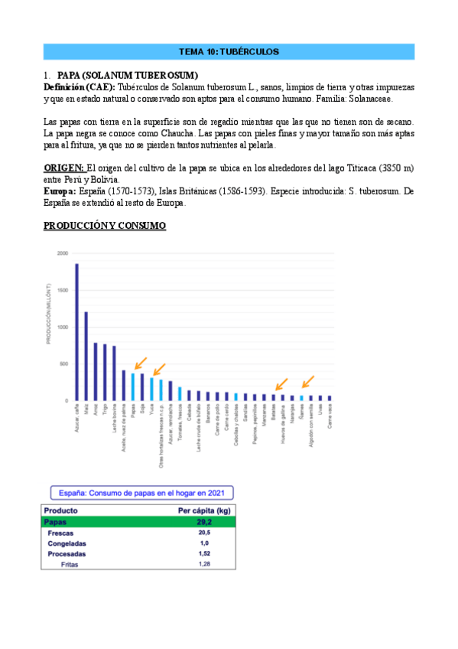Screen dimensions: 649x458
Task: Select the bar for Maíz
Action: point(86,357)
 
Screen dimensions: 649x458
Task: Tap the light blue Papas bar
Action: point(132,386)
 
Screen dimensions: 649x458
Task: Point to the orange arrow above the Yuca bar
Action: point(160,369)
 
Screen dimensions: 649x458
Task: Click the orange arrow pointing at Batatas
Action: point(281,383)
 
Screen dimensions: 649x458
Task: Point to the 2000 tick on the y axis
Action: point(61,253)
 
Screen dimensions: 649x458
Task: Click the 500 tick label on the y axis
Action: point(63,364)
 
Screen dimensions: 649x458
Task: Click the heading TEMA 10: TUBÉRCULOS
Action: point(229,52)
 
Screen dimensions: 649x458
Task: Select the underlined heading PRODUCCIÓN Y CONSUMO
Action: point(105,226)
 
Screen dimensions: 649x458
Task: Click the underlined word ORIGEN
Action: point(64,168)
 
